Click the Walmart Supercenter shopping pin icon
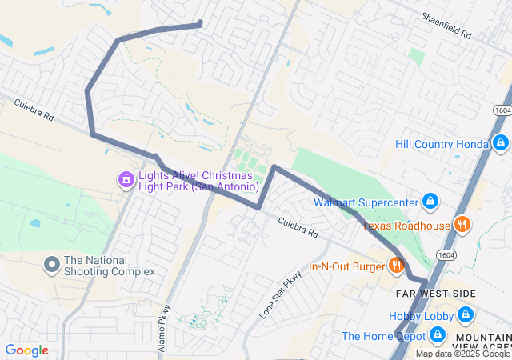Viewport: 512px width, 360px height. pos(430,200)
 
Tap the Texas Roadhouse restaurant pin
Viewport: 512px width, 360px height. pos(461,225)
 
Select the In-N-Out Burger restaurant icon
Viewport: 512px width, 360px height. pos(396,265)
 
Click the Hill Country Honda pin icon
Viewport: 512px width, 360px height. pos(500,143)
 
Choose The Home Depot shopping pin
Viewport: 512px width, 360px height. pos(437,335)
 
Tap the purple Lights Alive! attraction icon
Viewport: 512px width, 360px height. pos(125,179)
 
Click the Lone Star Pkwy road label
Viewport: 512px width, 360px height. pos(282,295)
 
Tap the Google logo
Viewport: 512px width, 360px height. pos(27,350)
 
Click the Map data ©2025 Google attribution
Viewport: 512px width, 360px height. pos(462,354)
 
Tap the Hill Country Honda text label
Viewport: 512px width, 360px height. pos(442,144)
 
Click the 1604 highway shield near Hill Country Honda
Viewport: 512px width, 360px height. pos(502,110)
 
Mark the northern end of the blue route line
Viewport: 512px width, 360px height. pos(199,23)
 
